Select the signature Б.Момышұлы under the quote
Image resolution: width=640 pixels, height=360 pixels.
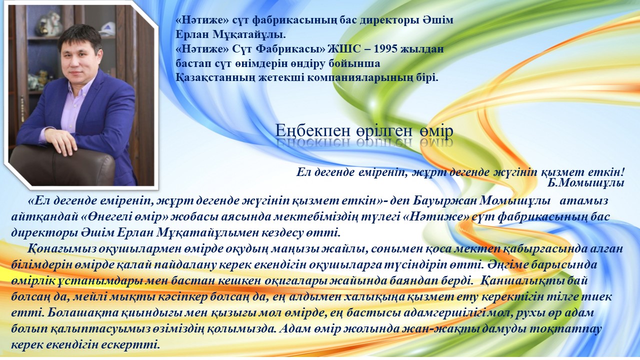(x=585, y=183)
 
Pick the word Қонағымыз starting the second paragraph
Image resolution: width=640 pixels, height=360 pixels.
(x=61, y=249)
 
